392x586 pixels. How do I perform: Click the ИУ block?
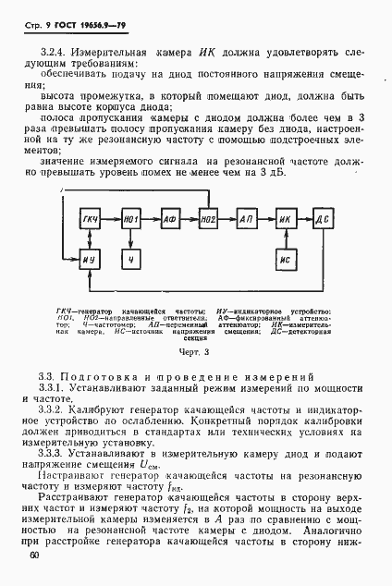tap(91, 260)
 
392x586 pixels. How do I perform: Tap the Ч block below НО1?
tap(129, 260)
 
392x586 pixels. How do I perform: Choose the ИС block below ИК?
tap(285, 260)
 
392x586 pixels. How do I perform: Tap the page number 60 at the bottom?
tap(34, 555)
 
